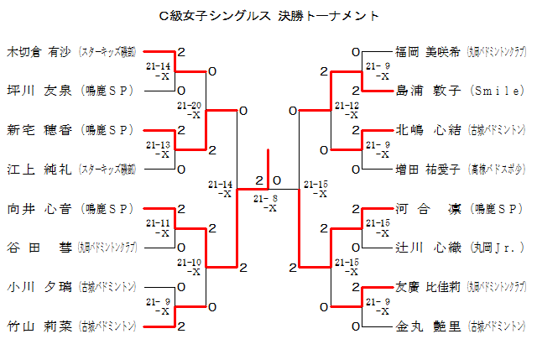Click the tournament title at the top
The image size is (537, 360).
coord(268,16)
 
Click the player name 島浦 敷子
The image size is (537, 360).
coord(428,90)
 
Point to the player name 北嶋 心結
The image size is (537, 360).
coord(428,129)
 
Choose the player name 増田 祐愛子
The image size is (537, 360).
coord(428,169)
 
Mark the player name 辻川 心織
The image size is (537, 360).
coord(428,248)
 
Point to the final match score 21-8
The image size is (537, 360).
coord(268,198)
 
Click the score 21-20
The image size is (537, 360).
coord(190,106)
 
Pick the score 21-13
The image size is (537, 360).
coord(158,145)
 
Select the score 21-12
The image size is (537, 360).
coord(347,106)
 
